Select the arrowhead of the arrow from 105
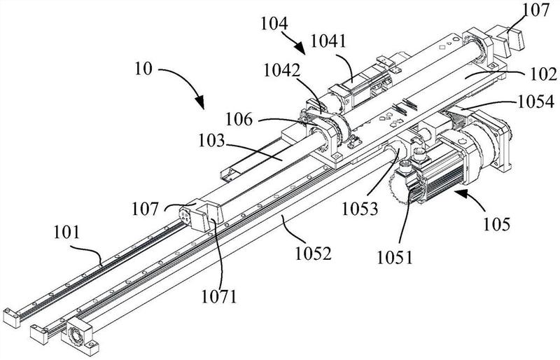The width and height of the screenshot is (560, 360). pos(457,190)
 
